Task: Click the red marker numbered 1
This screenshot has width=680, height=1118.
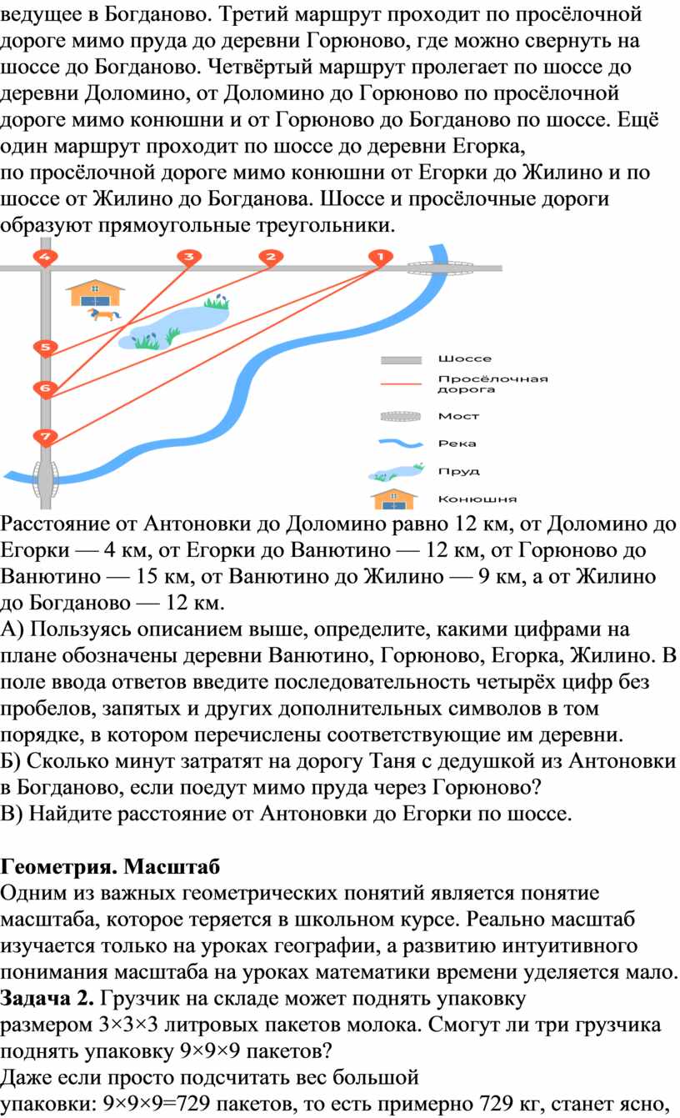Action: [381, 258]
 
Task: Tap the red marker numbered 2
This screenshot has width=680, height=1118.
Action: [271, 258]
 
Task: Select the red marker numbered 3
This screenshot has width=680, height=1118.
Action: [189, 258]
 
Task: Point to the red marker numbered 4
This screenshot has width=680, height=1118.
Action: [45, 258]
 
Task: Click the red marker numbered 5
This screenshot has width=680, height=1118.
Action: [45, 348]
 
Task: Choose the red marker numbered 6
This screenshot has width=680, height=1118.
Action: [45, 389]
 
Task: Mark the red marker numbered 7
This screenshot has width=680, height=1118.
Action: [45, 437]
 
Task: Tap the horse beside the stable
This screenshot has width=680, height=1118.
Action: [103, 314]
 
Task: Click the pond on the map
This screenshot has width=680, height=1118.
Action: [173, 324]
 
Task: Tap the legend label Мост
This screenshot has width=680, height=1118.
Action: [458, 416]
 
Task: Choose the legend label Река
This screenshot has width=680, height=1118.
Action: [457, 444]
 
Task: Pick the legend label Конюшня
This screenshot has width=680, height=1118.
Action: [477, 499]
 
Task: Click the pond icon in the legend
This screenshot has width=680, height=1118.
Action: [396, 472]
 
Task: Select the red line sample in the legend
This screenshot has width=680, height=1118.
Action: [401, 384]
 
